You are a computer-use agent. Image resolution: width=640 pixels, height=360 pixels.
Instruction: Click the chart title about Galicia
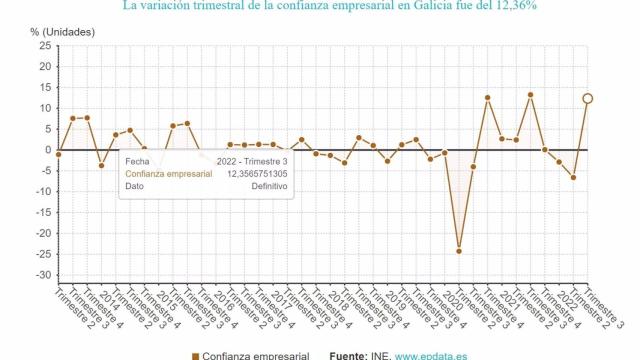(329, 6)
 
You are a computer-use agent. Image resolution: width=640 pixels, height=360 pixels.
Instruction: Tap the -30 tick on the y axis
(42, 276)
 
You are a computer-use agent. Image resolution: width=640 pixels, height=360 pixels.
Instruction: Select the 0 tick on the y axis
(47, 150)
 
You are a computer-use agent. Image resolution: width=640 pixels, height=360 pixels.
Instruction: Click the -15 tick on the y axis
(42, 213)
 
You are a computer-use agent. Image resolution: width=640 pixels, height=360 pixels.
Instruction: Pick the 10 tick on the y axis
(44, 108)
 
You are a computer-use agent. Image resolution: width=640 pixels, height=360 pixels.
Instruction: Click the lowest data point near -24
(459, 251)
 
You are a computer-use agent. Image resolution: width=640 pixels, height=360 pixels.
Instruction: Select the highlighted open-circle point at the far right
(588, 98)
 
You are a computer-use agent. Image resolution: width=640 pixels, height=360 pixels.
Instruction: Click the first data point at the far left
(58, 155)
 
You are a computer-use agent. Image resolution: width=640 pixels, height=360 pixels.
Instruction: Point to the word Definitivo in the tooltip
(269, 186)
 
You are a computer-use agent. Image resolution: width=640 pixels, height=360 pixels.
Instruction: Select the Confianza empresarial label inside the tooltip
(168, 173)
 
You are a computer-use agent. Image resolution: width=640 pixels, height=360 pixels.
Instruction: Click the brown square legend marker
(193, 355)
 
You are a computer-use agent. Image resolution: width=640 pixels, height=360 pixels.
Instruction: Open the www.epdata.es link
(437, 355)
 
